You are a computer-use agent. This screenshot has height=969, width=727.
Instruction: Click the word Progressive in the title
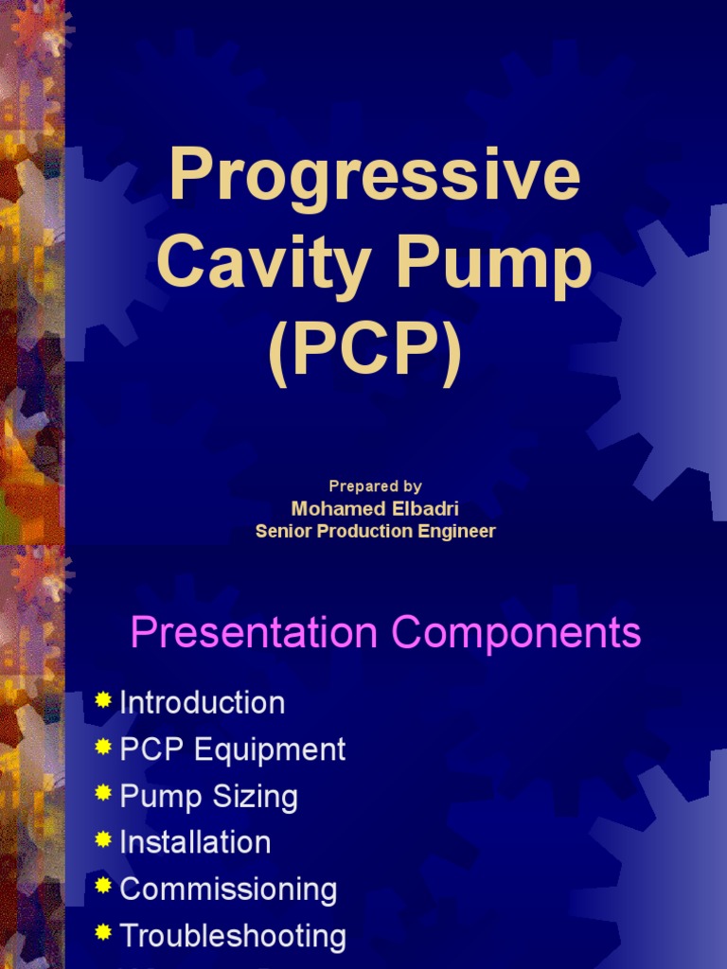(x=375, y=177)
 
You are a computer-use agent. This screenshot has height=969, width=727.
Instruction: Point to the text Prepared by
(x=375, y=486)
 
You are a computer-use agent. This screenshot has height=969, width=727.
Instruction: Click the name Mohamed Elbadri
(x=375, y=509)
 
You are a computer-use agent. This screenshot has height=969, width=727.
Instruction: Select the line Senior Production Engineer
(x=375, y=531)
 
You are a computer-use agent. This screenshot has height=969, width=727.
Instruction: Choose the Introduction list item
(x=202, y=703)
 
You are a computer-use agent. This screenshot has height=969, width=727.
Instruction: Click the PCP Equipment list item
(x=232, y=749)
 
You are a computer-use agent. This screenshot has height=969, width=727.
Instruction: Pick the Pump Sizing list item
(x=208, y=796)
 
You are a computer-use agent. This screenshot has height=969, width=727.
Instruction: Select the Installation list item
(x=195, y=842)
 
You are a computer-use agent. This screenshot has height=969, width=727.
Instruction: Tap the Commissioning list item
(x=228, y=890)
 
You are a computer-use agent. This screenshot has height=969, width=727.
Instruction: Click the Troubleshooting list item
(x=233, y=936)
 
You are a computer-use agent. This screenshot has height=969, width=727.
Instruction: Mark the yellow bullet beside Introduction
(x=104, y=700)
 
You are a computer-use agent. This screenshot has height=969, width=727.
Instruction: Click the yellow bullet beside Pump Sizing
(x=104, y=793)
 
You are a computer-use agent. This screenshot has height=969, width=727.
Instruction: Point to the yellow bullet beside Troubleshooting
(x=104, y=933)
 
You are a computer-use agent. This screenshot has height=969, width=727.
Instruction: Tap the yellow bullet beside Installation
(x=104, y=839)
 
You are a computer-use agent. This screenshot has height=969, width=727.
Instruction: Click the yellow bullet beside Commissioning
(x=104, y=887)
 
